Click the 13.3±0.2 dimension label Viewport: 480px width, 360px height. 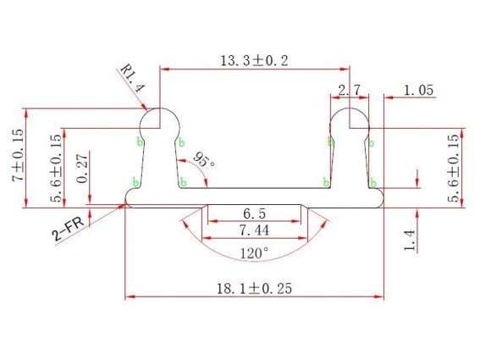[254, 60]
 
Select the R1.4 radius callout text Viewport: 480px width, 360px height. [132, 78]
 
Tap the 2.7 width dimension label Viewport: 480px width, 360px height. [350, 90]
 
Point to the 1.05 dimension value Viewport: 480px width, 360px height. [418, 91]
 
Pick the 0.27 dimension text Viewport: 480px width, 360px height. [82, 169]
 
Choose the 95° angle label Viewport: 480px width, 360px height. [204, 159]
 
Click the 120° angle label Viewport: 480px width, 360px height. [254, 253]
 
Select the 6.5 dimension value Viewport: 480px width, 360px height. [254, 213]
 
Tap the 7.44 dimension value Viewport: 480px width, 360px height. [254, 230]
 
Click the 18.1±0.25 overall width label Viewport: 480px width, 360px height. [254, 288]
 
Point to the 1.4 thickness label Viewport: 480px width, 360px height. [409, 241]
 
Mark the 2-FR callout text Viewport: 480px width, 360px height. [68, 230]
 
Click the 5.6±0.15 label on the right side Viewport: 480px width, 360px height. [454, 169]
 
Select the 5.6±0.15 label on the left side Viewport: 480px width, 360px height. [56, 169]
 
